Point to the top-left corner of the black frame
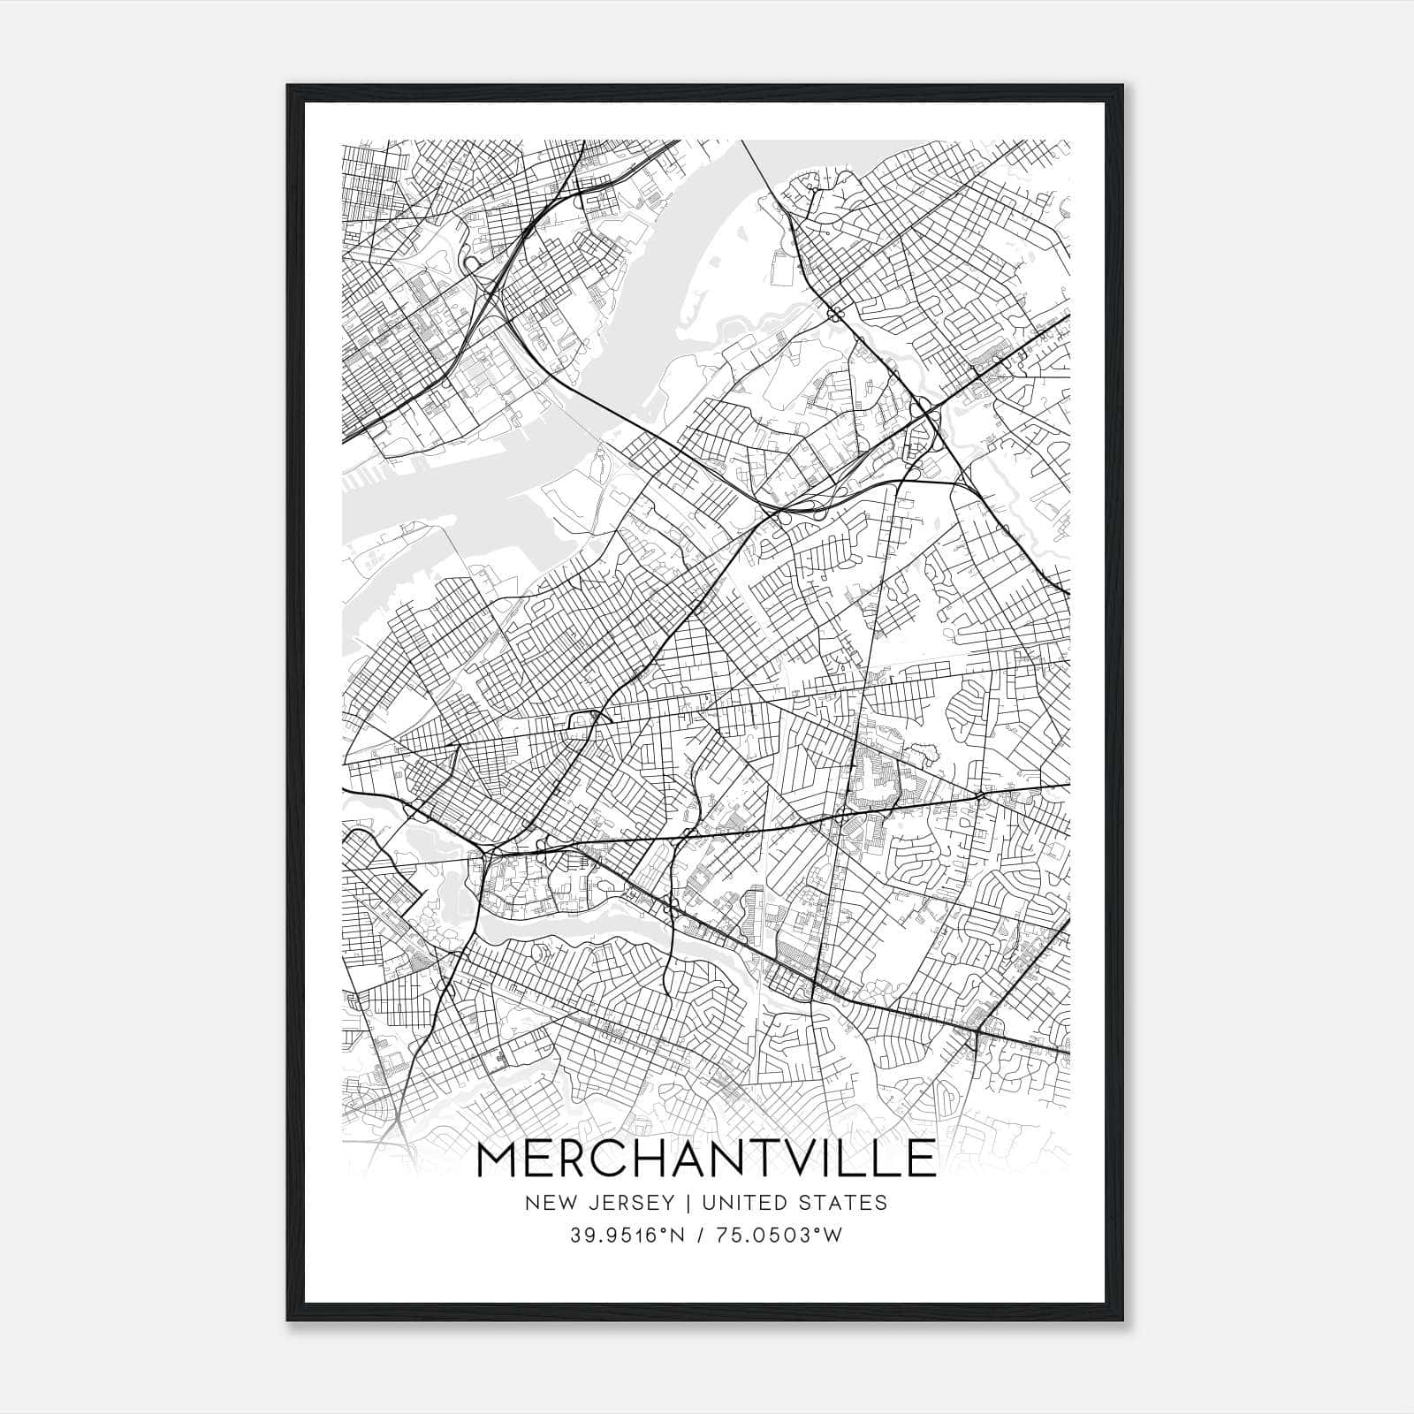point(288,86)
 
